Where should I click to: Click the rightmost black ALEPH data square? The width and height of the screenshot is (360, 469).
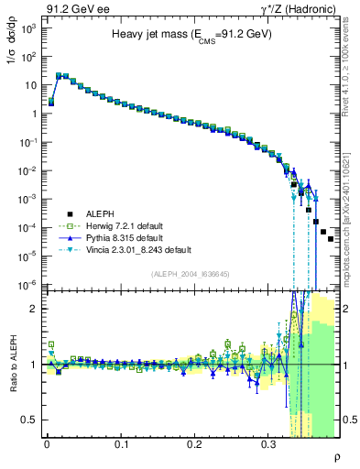coord(331,238)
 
